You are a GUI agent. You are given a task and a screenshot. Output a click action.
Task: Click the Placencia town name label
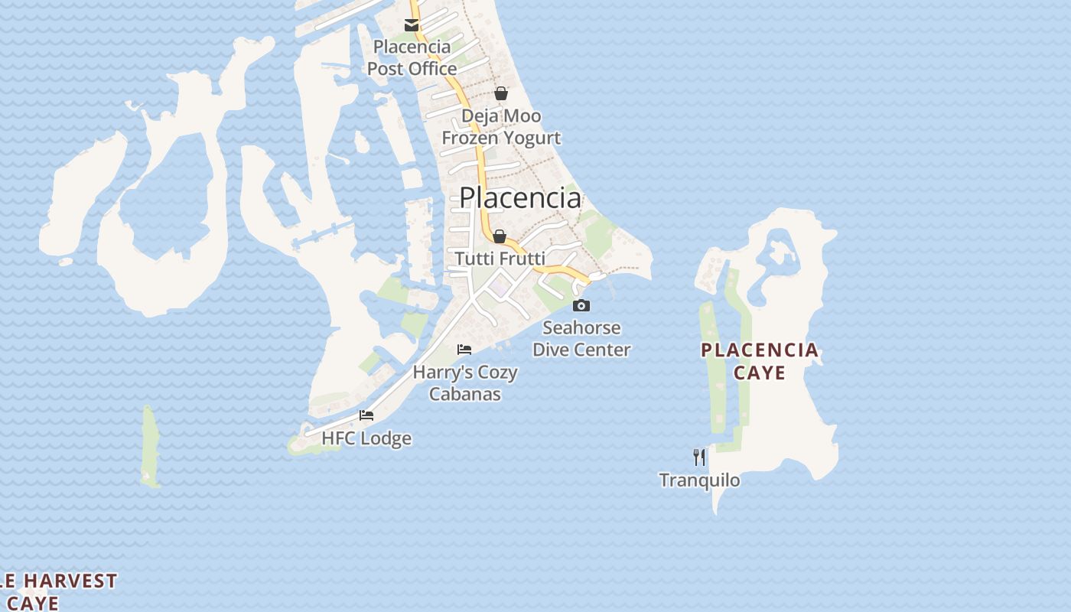point(519,197)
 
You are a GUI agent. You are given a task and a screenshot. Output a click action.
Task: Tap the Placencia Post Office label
point(412,58)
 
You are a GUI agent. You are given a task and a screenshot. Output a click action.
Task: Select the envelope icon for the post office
point(412,25)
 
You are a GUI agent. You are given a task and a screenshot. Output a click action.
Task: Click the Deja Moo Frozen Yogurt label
point(501,127)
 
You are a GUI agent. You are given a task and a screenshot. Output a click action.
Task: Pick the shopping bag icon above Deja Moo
point(500,93)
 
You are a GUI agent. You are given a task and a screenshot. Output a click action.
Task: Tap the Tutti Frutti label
point(500,259)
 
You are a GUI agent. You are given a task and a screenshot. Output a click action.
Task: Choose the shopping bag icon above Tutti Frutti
point(500,236)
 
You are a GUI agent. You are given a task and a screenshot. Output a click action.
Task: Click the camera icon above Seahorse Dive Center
point(581,305)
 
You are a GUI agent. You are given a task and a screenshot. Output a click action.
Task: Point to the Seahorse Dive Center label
point(581,339)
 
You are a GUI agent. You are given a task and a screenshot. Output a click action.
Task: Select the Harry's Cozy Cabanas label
point(465,383)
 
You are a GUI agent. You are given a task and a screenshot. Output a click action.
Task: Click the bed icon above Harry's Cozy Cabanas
point(464,350)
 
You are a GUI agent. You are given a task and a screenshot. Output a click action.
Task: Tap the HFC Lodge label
point(366,438)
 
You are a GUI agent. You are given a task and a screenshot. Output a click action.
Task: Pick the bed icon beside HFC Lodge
point(366,415)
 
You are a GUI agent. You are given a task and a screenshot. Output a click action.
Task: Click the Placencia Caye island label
point(760,361)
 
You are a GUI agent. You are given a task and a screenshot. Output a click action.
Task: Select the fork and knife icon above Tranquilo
point(699,457)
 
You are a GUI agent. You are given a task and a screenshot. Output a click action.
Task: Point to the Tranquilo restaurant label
point(699,480)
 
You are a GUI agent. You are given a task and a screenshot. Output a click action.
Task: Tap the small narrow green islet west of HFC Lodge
point(150,448)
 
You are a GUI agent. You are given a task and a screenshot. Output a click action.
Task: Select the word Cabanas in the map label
point(465,394)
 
